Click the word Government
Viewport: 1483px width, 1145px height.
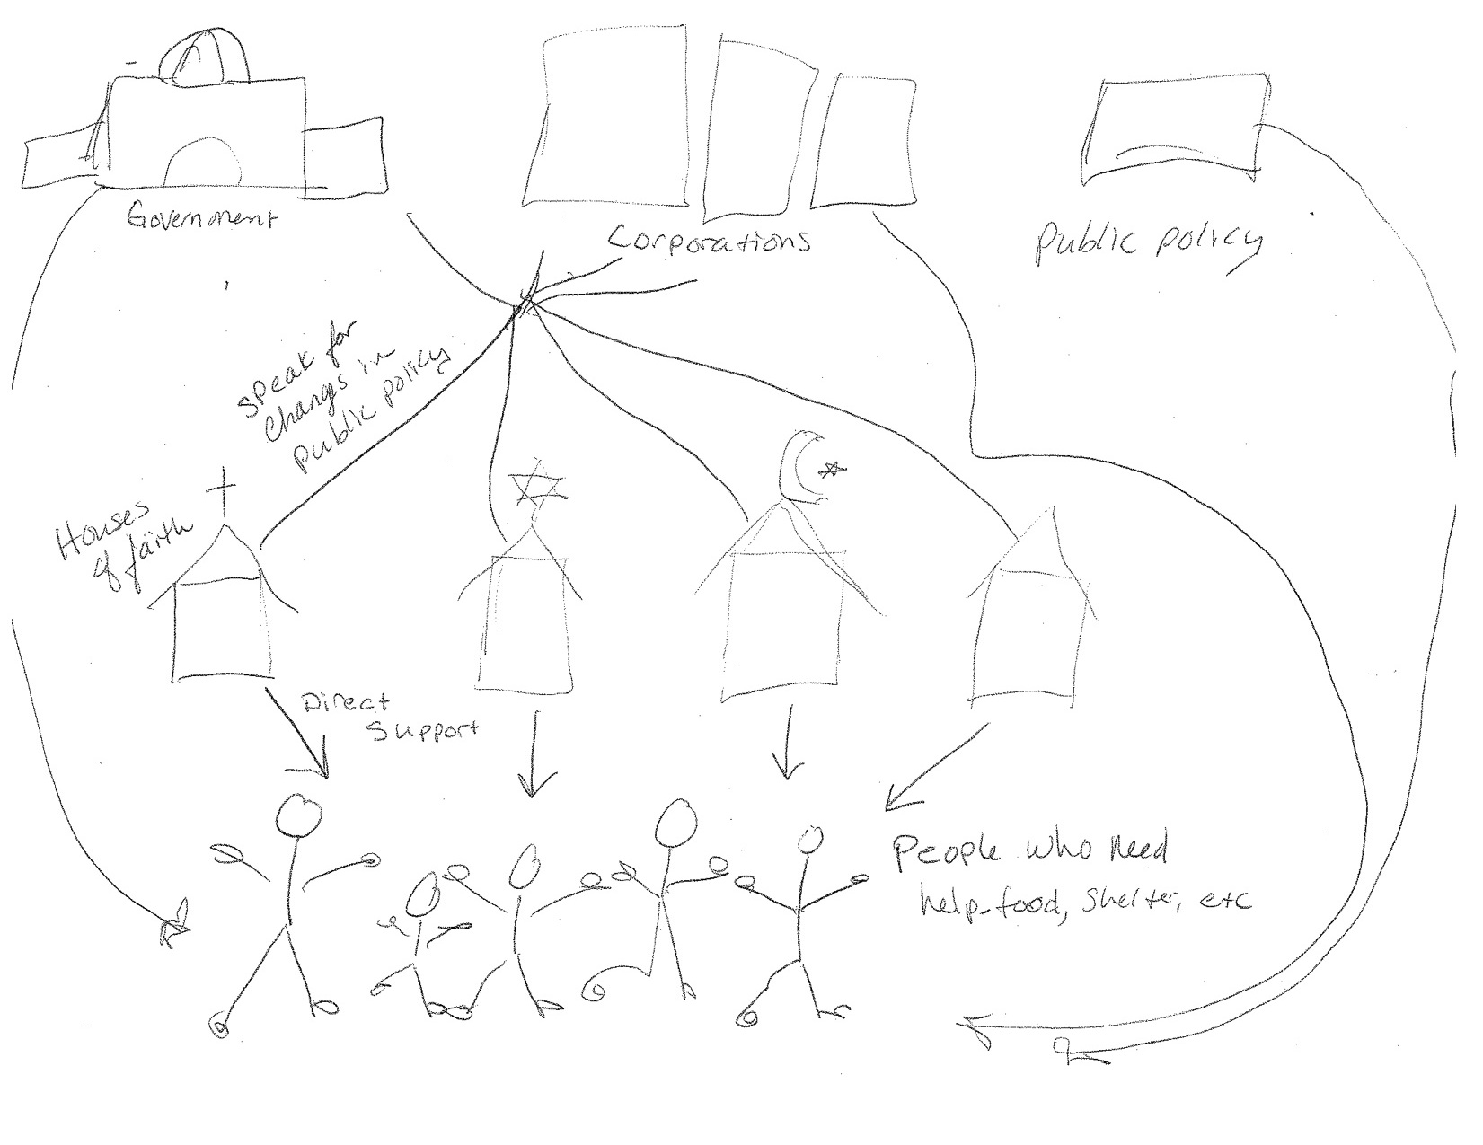[x=200, y=218]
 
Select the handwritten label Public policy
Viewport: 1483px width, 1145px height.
[x=1148, y=240]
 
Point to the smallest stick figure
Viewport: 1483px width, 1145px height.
[x=419, y=943]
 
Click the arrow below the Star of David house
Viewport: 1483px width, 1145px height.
[x=534, y=754]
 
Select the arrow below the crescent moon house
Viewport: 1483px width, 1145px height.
[x=790, y=741]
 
